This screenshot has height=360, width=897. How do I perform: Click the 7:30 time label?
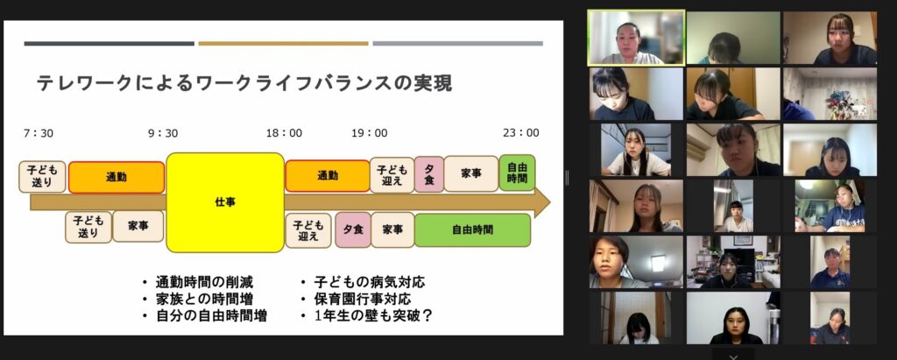point(39,133)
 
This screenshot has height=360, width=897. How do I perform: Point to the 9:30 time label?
point(163,133)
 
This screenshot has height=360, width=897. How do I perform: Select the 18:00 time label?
point(284,133)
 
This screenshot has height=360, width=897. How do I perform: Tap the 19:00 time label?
point(370,133)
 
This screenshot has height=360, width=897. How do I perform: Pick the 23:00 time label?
point(521,133)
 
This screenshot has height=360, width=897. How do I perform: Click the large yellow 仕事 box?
point(225,202)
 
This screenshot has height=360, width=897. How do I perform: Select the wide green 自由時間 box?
point(472,230)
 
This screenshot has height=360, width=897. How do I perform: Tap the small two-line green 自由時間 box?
point(517,173)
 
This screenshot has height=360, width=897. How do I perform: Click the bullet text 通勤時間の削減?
point(204,282)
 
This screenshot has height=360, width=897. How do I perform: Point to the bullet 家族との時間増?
point(204,299)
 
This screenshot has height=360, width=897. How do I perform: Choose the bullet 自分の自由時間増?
point(211,315)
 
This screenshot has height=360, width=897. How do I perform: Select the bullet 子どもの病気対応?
point(370,282)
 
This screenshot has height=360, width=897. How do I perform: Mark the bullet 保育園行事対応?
point(363,299)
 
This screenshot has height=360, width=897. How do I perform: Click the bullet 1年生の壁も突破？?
point(373,315)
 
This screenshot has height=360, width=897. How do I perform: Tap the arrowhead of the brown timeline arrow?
point(542,202)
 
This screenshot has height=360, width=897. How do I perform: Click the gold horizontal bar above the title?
point(283,44)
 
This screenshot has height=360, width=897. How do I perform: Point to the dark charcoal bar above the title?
point(109,44)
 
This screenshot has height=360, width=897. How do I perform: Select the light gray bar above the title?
point(457,44)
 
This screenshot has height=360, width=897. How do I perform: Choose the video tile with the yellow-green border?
point(636,38)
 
